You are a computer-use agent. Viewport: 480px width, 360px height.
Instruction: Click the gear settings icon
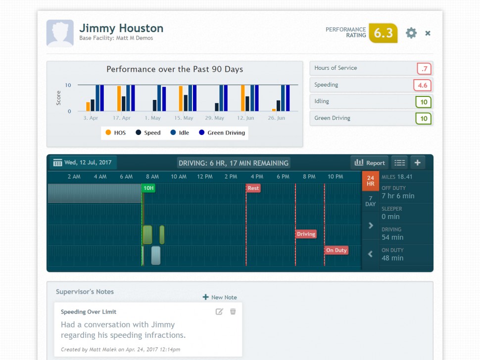[411, 33]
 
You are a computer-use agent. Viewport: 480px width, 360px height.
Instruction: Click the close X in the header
[428, 33]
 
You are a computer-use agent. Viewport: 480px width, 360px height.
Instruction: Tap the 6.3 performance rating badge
[383, 33]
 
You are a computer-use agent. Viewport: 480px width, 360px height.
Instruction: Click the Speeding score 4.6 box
[422, 85]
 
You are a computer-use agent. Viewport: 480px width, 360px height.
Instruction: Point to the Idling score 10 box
[424, 102]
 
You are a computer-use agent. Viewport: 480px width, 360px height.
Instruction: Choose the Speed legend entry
[148, 133]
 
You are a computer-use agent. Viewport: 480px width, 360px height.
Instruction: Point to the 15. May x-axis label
[183, 118]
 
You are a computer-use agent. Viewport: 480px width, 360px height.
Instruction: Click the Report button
[370, 163]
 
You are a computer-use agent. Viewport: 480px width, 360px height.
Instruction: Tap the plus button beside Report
[417, 163]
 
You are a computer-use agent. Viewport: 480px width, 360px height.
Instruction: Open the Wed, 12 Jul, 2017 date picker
[83, 163]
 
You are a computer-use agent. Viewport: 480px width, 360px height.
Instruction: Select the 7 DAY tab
[371, 201]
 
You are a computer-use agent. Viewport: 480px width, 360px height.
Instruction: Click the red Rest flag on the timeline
[253, 188]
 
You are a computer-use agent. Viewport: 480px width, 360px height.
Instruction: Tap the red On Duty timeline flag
[336, 250]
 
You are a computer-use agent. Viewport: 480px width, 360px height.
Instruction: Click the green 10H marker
[148, 188]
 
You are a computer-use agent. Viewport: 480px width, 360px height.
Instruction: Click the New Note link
[220, 297]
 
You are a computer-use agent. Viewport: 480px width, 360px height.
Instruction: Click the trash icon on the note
[233, 312]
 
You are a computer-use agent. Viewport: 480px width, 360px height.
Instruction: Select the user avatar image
[60, 33]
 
